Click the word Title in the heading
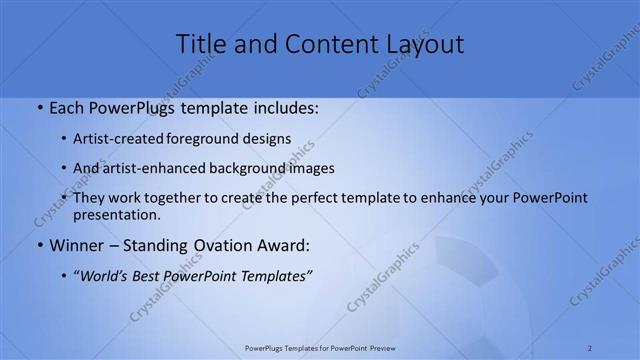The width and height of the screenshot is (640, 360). click(x=203, y=44)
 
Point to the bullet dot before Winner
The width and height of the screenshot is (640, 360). click(x=39, y=245)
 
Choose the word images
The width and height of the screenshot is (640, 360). click(x=311, y=169)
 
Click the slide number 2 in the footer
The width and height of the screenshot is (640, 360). click(x=590, y=347)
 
